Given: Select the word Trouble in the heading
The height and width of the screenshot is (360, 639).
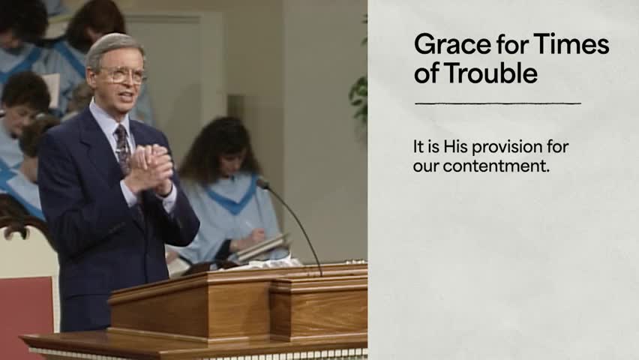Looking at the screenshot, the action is [x=490, y=73].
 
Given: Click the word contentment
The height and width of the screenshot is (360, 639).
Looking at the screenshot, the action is [x=496, y=166].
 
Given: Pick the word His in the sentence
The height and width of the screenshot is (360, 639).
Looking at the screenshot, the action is [x=455, y=146].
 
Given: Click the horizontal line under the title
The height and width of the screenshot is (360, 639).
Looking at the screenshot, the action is [x=498, y=103].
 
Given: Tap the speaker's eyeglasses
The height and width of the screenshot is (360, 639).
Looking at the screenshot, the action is [x=121, y=75].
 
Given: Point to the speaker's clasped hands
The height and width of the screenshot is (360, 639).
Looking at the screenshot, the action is [x=150, y=169].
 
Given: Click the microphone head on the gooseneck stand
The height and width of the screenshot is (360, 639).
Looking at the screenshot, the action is [x=262, y=183].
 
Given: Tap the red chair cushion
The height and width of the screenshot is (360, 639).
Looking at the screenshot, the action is [x=26, y=314].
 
